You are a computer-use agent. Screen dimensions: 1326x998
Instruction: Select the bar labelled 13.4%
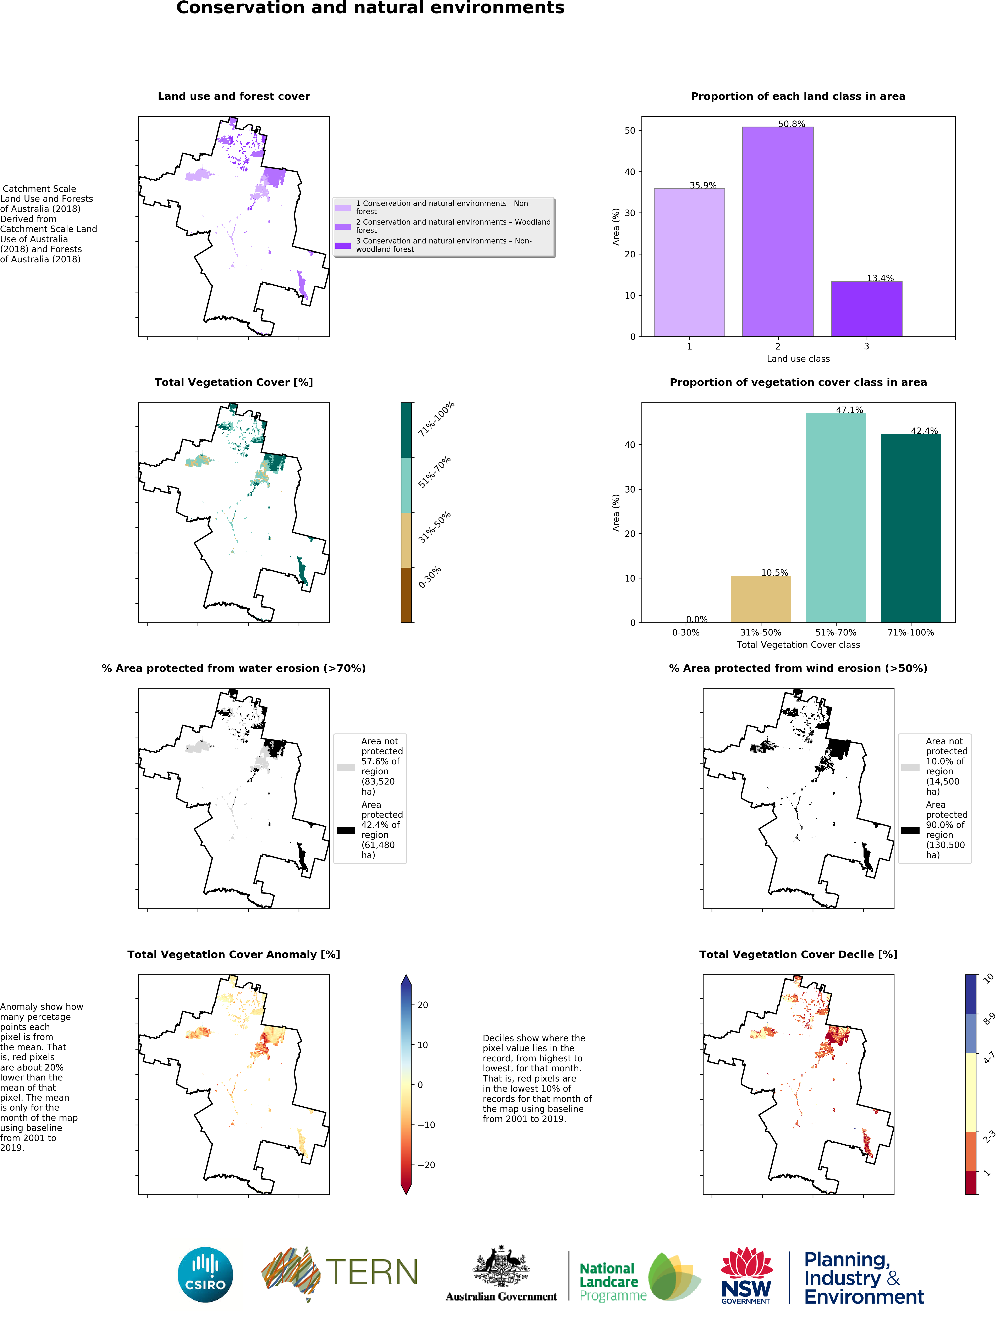[x=866, y=309]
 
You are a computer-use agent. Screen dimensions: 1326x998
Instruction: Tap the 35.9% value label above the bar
[x=702, y=185]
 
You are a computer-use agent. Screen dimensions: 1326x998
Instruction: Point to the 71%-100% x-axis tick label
[x=910, y=632]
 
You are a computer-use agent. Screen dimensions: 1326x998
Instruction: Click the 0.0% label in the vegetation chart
[x=696, y=619]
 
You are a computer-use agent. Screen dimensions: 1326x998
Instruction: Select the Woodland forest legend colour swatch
[x=343, y=227]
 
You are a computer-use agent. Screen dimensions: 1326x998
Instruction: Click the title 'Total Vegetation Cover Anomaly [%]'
[x=234, y=954]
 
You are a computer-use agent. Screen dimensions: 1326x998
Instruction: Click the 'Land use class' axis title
[x=798, y=358]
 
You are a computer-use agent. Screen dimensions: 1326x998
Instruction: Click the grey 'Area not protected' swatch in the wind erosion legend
[x=910, y=767]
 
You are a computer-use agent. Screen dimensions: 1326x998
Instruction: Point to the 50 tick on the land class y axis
[x=630, y=131]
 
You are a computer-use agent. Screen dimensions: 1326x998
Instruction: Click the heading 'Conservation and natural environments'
[x=370, y=8]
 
